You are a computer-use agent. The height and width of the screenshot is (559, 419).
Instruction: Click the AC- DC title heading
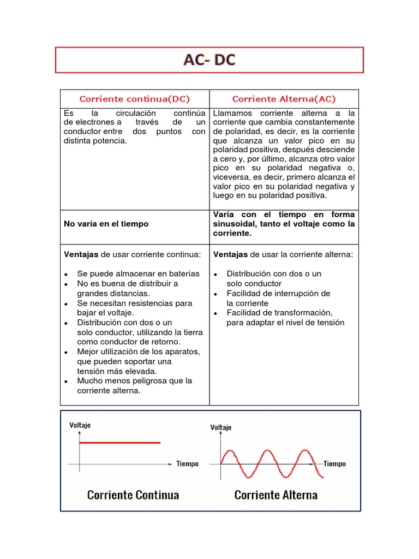click(x=209, y=60)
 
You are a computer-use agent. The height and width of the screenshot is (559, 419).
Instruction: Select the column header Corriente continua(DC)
click(x=135, y=99)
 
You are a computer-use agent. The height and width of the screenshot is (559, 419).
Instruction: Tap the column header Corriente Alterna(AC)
click(x=284, y=99)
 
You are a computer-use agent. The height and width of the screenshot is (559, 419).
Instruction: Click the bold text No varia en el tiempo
click(x=106, y=224)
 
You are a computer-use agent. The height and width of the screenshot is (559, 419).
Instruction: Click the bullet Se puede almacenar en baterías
click(x=139, y=273)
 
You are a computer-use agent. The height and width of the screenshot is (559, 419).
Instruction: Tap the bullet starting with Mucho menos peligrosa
click(x=135, y=381)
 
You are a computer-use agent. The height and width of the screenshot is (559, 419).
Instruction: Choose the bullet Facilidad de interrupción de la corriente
click(x=278, y=298)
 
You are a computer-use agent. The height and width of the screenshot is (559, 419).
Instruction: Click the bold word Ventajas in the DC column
click(x=81, y=254)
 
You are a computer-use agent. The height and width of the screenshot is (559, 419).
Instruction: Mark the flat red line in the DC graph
click(x=120, y=443)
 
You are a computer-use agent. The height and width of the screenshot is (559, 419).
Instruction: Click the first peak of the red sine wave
click(x=230, y=452)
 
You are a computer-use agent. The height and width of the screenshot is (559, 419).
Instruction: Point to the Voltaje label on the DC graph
click(x=80, y=425)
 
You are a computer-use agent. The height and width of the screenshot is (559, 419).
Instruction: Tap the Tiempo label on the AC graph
click(x=334, y=463)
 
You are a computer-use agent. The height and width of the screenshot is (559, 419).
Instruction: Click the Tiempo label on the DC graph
click(x=187, y=464)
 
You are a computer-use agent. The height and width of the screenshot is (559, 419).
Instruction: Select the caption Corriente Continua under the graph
click(x=133, y=495)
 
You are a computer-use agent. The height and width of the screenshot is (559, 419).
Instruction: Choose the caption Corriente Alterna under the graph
click(x=276, y=495)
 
